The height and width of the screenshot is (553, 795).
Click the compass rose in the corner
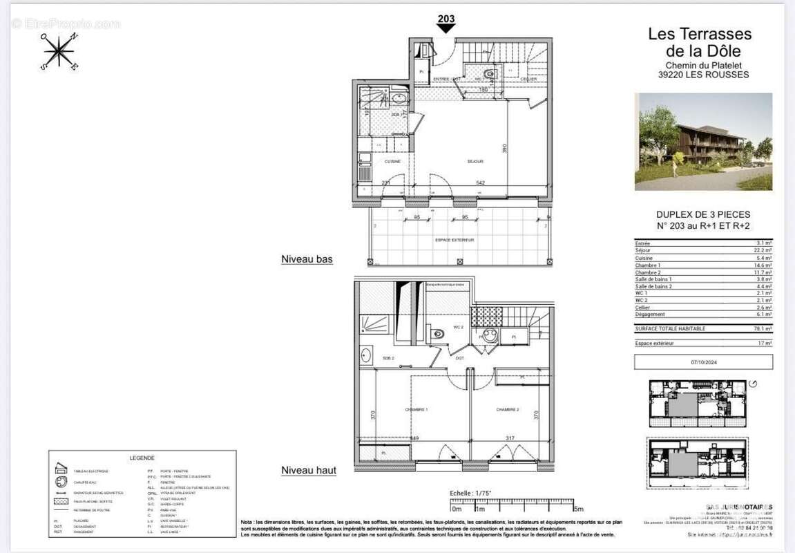tap(60, 50)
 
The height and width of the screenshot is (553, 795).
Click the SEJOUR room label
tap(475, 161)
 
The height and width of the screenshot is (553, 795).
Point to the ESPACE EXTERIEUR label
tap(454, 240)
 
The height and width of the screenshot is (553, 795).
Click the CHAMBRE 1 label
tap(416, 410)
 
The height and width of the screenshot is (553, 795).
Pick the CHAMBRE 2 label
tap(507, 410)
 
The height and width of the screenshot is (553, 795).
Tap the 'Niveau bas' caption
tap(307, 259)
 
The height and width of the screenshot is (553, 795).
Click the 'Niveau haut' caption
tap(309, 471)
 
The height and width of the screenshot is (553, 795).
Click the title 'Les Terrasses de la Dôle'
tap(698, 42)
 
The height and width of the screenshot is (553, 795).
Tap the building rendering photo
tap(703, 142)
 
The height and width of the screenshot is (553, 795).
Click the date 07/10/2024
tap(703, 362)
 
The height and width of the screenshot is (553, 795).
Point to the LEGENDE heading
tap(142, 458)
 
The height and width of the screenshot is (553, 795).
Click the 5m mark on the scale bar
tap(577, 509)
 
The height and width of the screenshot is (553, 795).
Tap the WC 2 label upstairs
tap(457, 327)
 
